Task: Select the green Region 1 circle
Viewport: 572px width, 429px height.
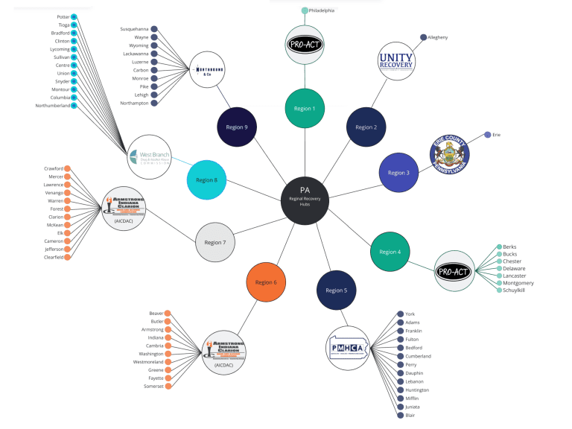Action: (x=305, y=109)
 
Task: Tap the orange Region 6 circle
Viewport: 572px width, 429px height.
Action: (x=266, y=282)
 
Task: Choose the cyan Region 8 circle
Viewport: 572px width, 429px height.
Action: (x=206, y=179)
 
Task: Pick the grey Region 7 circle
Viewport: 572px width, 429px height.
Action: (x=215, y=242)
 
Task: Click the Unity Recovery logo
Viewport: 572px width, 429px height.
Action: (x=395, y=61)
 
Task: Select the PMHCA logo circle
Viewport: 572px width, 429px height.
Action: (x=348, y=347)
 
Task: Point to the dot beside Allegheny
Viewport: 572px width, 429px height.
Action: (x=423, y=36)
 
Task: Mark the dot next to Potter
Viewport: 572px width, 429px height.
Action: (x=74, y=16)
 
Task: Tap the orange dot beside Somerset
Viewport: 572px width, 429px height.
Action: (x=168, y=386)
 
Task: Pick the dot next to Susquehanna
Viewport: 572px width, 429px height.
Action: (x=154, y=29)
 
